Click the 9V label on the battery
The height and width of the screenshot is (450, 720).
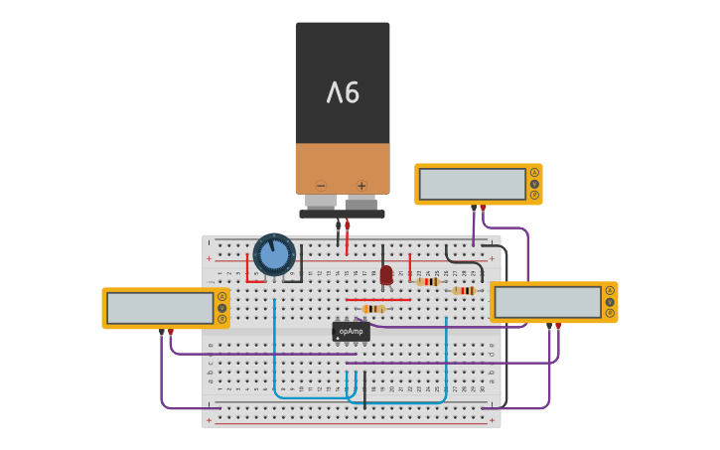pos(343,93)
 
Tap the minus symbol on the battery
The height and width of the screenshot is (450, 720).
pos(321,186)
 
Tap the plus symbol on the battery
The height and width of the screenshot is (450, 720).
pos(361,186)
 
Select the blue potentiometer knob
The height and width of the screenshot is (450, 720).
pos(274,254)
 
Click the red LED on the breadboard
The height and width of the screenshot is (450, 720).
pos(386,275)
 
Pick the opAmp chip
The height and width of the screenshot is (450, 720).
pos(351,331)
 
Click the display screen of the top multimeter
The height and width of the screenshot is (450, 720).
pos(473,184)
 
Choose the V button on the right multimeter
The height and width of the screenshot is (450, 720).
pos(610,301)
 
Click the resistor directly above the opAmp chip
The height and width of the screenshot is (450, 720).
pos(373,309)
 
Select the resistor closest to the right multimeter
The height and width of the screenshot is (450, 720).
pos(463,291)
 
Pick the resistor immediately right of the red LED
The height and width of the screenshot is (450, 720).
pos(428,281)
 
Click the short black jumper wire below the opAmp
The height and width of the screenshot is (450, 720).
pos(364,388)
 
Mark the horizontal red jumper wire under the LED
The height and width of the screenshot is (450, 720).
pos(378,299)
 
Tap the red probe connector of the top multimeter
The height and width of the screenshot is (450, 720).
pos(483,209)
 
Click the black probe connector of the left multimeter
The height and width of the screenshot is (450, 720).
pos(162,332)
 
